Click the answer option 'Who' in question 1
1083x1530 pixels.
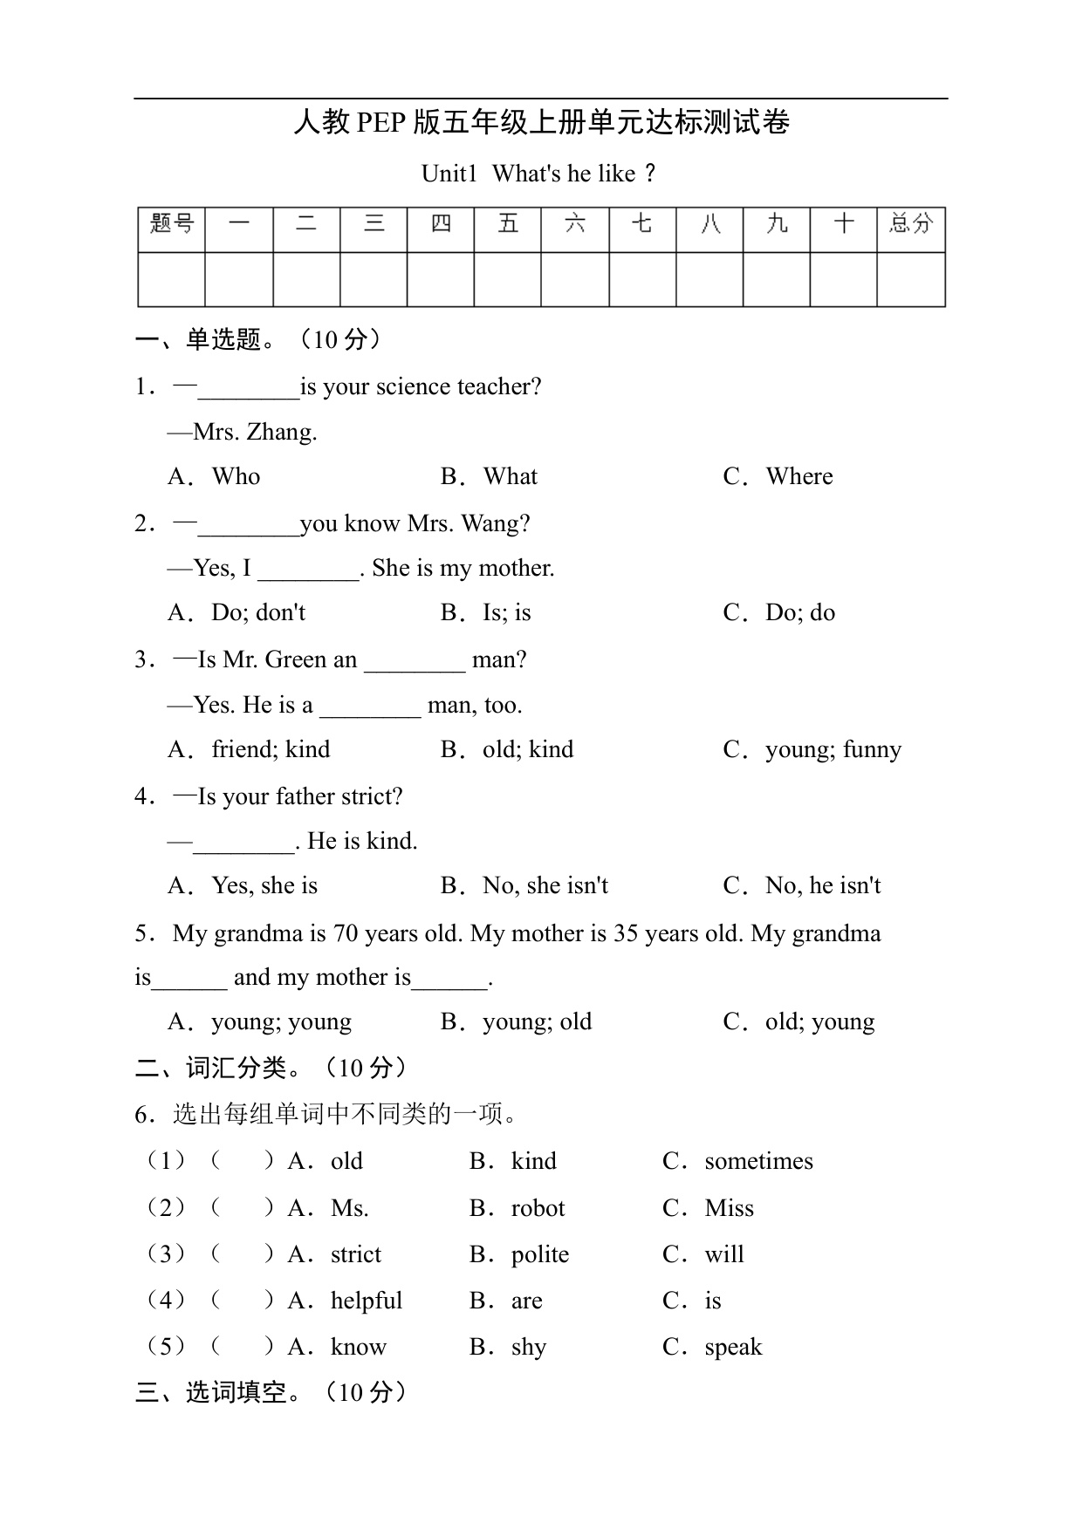(x=236, y=476)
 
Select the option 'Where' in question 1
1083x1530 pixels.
(x=799, y=476)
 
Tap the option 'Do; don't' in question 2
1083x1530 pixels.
(x=258, y=612)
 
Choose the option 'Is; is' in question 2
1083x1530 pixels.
(x=506, y=612)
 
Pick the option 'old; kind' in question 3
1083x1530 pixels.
(x=528, y=749)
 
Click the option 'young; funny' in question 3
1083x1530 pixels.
(x=833, y=750)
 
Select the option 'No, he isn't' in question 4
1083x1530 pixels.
(x=822, y=885)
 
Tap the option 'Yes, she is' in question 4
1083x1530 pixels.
(x=264, y=885)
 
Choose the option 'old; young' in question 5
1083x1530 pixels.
(x=819, y=1021)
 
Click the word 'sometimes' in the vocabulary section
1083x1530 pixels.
(x=758, y=1161)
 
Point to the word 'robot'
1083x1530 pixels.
(x=538, y=1208)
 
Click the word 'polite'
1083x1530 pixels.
(x=539, y=1254)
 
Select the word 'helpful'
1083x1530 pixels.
(x=367, y=1301)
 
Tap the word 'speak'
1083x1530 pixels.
(x=733, y=1348)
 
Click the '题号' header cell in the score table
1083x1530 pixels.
(x=172, y=225)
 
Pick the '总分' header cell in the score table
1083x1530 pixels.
(x=910, y=225)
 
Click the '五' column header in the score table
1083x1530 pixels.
(x=508, y=225)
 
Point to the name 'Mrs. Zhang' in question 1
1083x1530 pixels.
(x=255, y=432)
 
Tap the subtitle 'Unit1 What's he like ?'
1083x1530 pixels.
(x=538, y=174)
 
